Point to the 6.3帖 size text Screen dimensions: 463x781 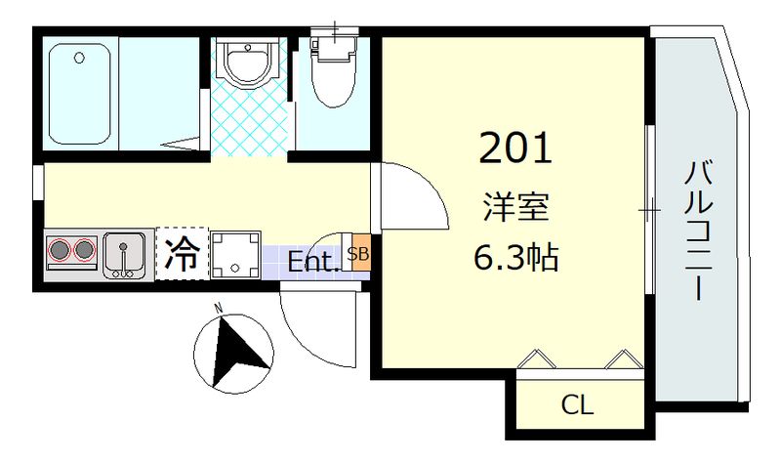coord(515,258)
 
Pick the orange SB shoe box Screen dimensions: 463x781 coord(358,255)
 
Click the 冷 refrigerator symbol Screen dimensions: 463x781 coord(183,254)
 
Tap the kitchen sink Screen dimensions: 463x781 coord(124,255)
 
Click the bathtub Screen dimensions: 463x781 coord(81,93)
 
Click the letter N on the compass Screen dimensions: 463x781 coord(220,310)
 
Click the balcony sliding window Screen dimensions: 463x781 coord(648,209)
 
